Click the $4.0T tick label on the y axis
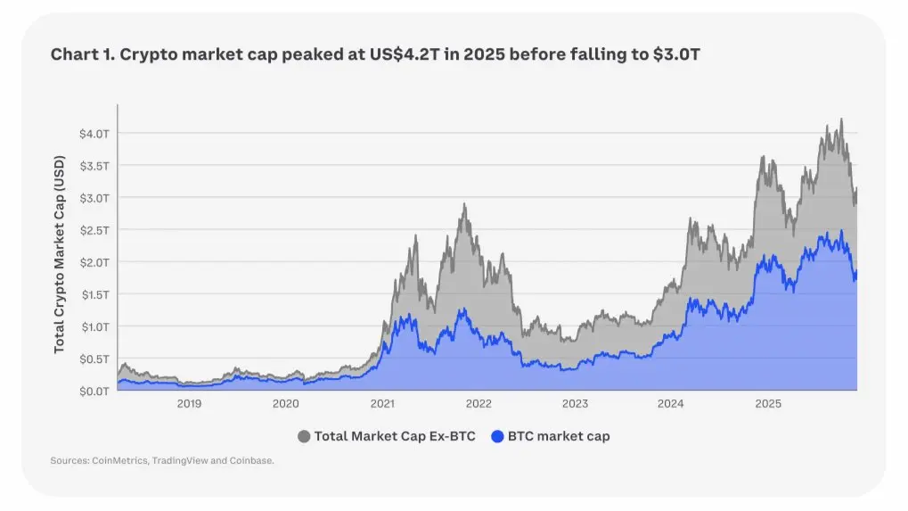(x=94, y=133)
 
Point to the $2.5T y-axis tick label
(x=94, y=230)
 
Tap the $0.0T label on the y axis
(x=94, y=391)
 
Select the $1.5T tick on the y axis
(x=94, y=294)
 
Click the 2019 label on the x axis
(x=189, y=404)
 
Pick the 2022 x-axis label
(x=479, y=404)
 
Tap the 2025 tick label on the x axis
(x=768, y=404)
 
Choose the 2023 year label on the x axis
(x=575, y=404)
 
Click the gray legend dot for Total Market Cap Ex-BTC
(x=305, y=437)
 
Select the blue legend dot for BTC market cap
(x=498, y=437)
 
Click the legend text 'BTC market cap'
(x=560, y=437)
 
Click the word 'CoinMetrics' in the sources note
(x=119, y=461)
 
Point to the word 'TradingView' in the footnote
(x=180, y=461)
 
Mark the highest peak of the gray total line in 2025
(x=840, y=120)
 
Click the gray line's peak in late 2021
(x=464, y=204)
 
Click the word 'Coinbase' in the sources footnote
(x=252, y=461)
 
